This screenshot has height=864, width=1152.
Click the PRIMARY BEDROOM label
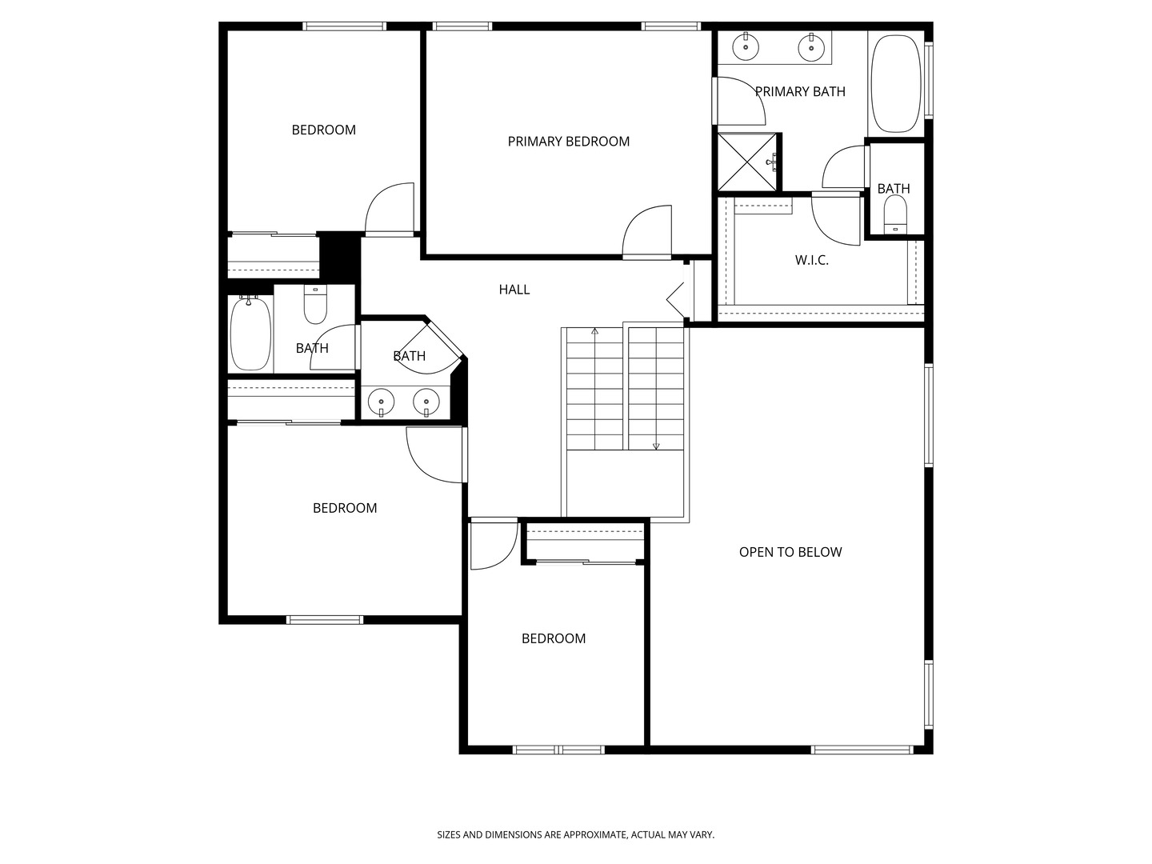(x=568, y=141)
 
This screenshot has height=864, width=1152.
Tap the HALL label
(x=514, y=289)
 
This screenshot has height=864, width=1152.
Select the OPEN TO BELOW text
(x=790, y=552)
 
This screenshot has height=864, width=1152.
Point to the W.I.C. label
(x=811, y=260)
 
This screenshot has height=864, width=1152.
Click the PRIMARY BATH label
(x=800, y=92)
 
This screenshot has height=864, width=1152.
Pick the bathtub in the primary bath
(x=896, y=84)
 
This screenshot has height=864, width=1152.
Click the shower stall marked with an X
(x=747, y=162)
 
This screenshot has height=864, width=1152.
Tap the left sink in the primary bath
(x=746, y=46)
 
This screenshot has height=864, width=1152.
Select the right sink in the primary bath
(x=811, y=46)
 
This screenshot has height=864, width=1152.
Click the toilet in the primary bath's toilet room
(x=895, y=214)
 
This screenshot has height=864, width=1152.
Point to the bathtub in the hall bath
(x=251, y=334)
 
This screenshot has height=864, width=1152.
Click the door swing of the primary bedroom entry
(x=646, y=231)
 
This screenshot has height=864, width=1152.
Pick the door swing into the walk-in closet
(x=835, y=218)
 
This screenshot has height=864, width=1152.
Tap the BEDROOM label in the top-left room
(x=323, y=130)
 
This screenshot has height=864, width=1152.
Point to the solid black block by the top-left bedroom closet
(x=339, y=255)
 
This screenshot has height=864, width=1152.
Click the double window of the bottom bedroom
(x=558, y=750)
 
